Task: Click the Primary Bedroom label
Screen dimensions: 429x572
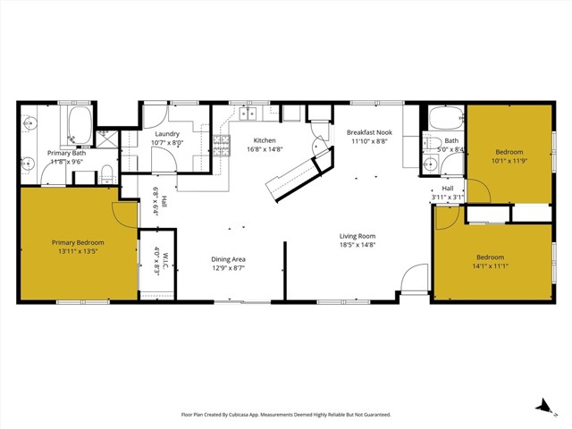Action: tap(77, 242)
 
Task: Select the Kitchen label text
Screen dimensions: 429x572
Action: tap(264, 140)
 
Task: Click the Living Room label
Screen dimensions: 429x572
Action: tap(357, 236)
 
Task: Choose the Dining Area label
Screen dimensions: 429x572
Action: tap(228, 259)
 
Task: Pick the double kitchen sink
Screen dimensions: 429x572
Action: tap(248, 114)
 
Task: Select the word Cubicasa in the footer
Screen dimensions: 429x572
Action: tap(265, 415)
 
